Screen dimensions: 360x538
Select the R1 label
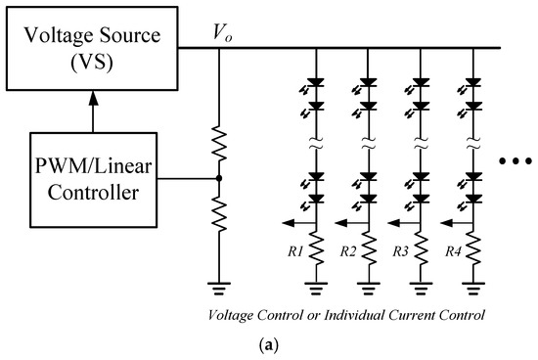294,250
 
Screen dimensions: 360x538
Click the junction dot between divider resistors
219,179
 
